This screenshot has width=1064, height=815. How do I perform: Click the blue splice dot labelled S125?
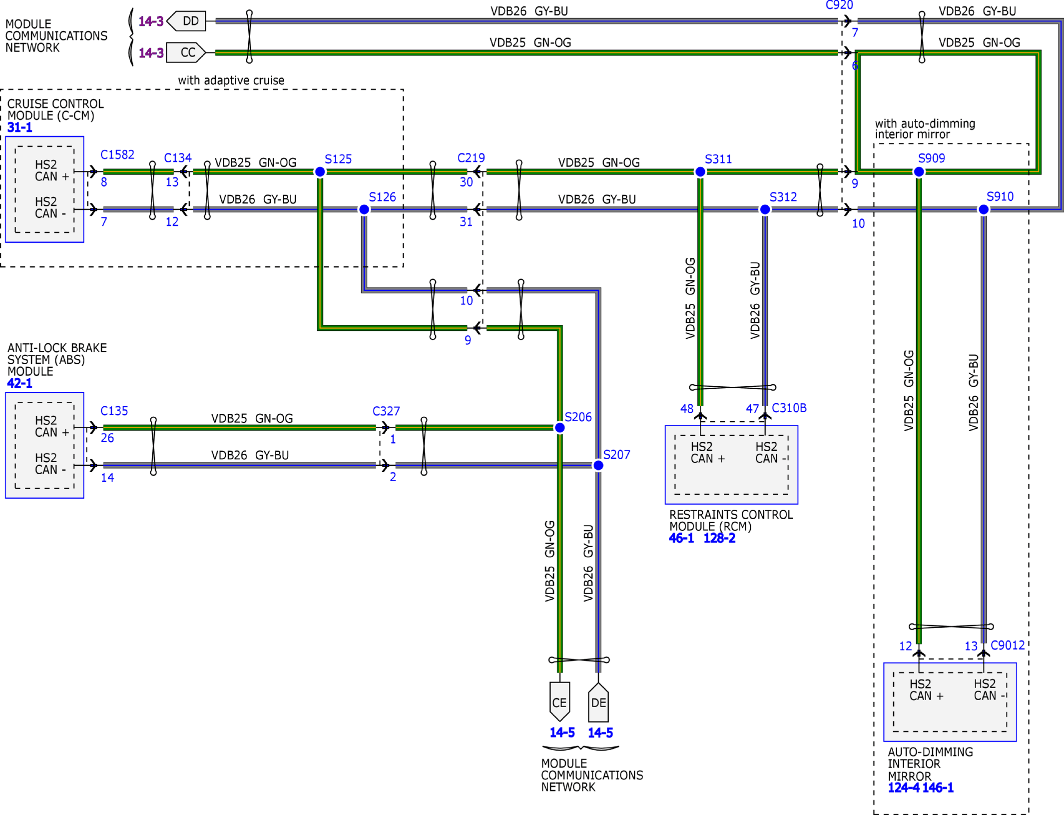click(x=320, y=172)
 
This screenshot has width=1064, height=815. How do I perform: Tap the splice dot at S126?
click(x=364, y=210)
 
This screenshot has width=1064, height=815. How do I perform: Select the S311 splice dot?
click(x=700, y=172)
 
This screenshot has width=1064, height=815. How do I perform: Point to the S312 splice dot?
click(x=765, y=210)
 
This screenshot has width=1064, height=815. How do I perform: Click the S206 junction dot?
click(x=560, y=428)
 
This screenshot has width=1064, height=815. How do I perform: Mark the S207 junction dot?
click(x=598, y=466)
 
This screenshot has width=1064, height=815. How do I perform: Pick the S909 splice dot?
click(x=919, y=172)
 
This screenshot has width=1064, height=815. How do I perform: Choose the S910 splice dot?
click(x=984, y=210)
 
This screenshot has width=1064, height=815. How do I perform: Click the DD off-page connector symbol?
click(x=186, y=21)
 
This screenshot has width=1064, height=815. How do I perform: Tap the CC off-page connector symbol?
click(x=186, y=52)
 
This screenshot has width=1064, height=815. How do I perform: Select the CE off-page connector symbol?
click(x=559, y=702)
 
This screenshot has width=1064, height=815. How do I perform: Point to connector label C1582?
click(x=117, y=155)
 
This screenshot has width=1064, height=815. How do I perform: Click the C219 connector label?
click(x=471, y=158)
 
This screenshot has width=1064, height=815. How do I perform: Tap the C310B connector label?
click(x=789, y=408)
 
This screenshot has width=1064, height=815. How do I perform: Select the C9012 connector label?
click(x=1008, y=645)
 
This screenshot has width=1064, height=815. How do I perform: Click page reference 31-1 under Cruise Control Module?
click(x=20, y=127)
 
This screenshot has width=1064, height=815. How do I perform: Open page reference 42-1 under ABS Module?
click(x=20, y=383)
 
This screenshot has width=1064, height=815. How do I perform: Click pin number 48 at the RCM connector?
click(x=687, y=409)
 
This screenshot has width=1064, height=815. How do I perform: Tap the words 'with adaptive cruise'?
click(x=231, y=80)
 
